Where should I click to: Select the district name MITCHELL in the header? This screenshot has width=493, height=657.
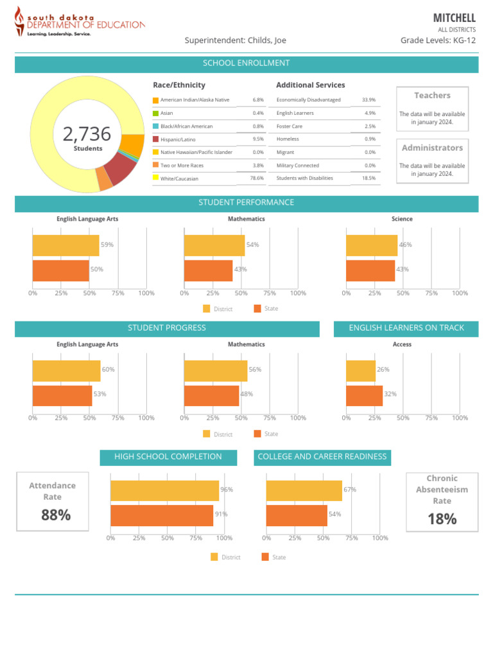tap(454, 17)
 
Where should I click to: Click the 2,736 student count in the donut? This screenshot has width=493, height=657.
tap(87, 134)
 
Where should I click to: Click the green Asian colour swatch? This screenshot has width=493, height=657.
tap(155, 113)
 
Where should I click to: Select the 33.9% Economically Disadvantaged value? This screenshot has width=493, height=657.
tap(368, 100)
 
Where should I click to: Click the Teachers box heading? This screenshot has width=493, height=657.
tap(432, 96)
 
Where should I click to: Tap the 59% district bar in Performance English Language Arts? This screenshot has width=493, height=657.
tap(65, 246)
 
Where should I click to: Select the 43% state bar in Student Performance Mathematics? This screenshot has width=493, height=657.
tap(208, 270)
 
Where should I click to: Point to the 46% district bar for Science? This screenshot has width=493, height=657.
tap(371, 246)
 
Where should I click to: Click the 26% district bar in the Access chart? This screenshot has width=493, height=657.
tap(361, 371)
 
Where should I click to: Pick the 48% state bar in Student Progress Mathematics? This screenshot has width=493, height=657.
tap(211, 395)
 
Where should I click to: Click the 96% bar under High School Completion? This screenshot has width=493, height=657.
tap(164, 491)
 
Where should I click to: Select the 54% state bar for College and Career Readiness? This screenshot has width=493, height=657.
tap(297, 515)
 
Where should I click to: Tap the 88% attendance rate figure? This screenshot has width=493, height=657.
tap(56, 515)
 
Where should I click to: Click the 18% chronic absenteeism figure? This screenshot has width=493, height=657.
tap(442, 519)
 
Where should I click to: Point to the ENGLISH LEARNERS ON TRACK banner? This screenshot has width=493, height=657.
tap(406, 328)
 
